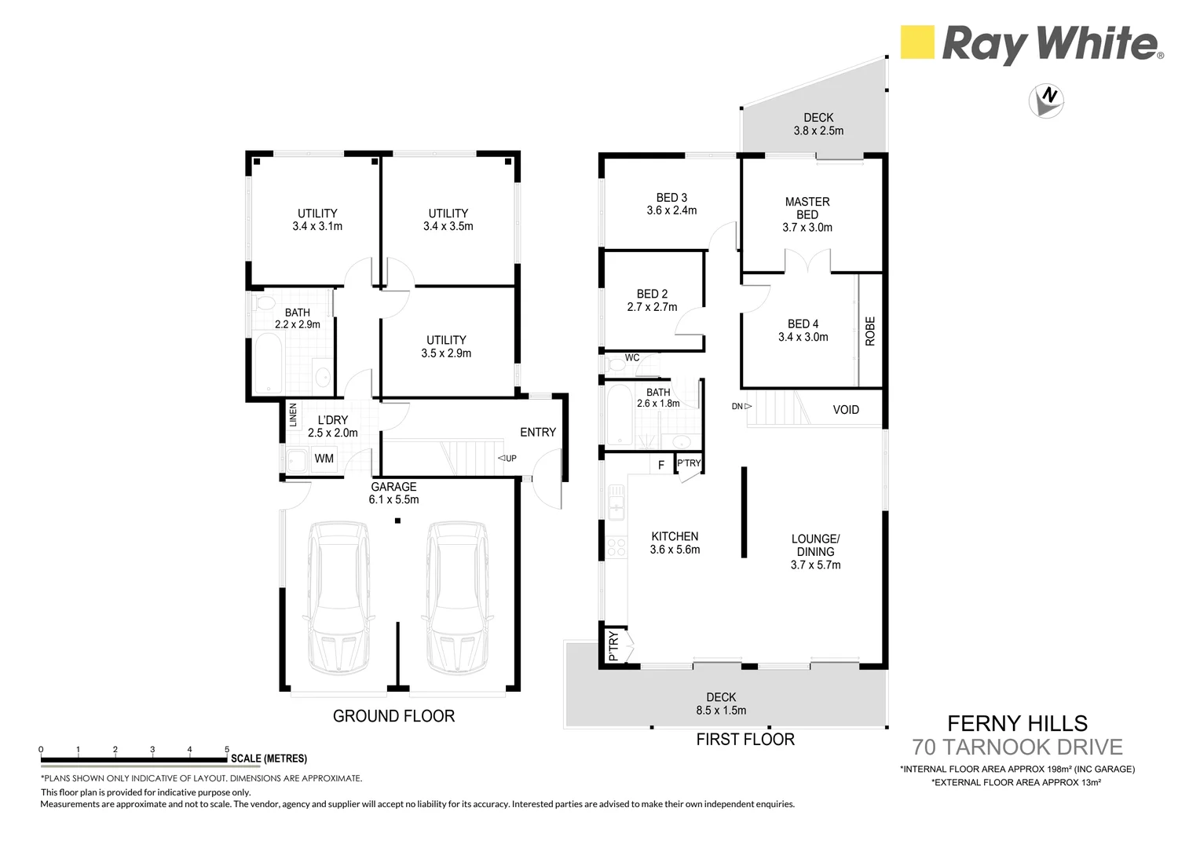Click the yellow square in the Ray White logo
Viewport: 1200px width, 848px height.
click(x=916, y=42)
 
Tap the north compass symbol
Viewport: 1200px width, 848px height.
click(x=1046, y=101)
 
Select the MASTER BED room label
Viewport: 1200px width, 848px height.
click(x=807, y=208)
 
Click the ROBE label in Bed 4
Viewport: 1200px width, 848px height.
click(x=870, y=331)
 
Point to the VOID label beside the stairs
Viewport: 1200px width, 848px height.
click(x=846, y=410)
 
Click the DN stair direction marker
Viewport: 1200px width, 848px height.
click(x=741, y=406)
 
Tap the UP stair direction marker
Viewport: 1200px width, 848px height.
click(x=507, y=459)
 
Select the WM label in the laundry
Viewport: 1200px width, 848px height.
click(x=324, y=459)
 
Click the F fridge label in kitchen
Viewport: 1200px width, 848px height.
click(x=661, y=465)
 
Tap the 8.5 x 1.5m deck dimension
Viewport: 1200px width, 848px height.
click(x=720, y=711)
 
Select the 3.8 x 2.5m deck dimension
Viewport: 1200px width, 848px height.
click(x=818, y=131)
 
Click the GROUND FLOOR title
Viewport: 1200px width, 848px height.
click(x=393, y=716)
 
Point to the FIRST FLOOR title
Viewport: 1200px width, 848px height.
click(x=745, y=740)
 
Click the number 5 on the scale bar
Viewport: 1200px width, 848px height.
click(x=227, y=749)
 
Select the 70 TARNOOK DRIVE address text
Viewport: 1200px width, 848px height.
click(x=1017, y=747)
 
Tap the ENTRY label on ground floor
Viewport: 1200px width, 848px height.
click(x=537, y=433)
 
